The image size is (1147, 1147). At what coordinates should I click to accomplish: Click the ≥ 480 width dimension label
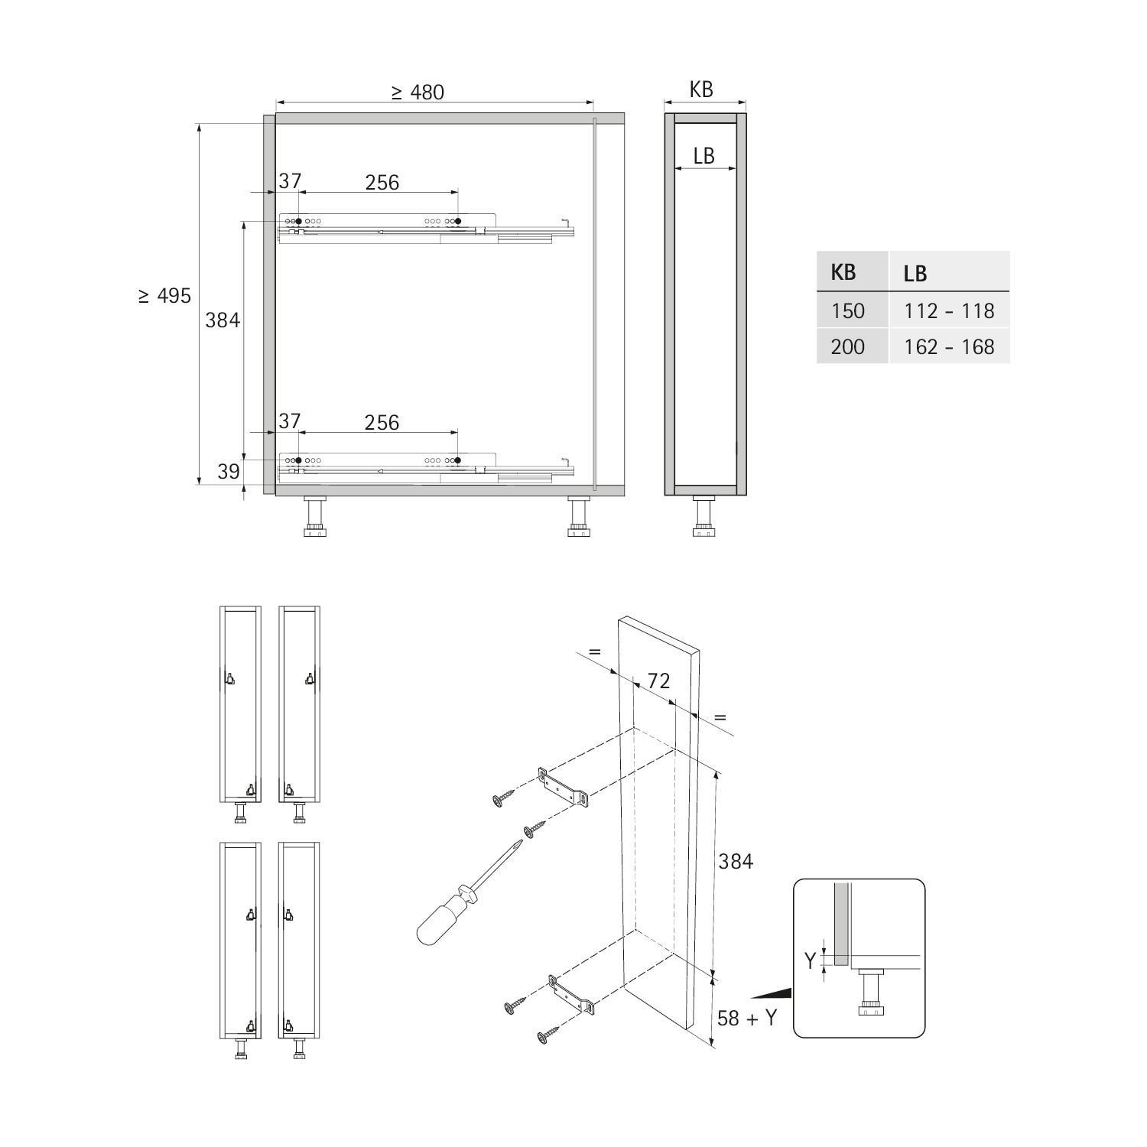click(x=418, y=93)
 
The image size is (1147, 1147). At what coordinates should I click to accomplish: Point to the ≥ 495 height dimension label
click(x=165, y=296)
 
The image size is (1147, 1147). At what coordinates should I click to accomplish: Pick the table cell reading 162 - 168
click(x=949, y=347)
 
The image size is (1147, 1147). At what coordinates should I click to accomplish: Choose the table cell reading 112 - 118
click(x=949, y=311)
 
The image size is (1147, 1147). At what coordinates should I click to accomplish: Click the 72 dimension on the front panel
click(x=658, y=681)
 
